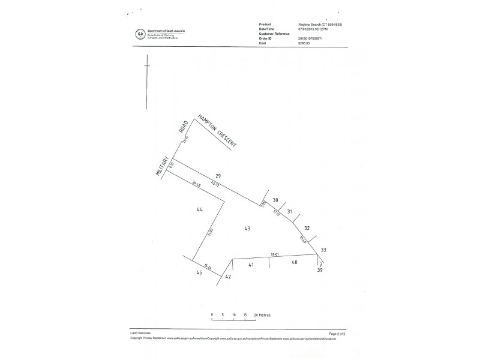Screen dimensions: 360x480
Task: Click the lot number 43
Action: point(247,229)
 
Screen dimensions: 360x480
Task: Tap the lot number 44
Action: point(200,209)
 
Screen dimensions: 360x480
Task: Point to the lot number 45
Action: point(199,272)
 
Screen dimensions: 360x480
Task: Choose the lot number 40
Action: point(295,262)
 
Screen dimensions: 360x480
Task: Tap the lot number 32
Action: point(307,228)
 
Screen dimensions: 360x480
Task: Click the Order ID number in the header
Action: point(314,38)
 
